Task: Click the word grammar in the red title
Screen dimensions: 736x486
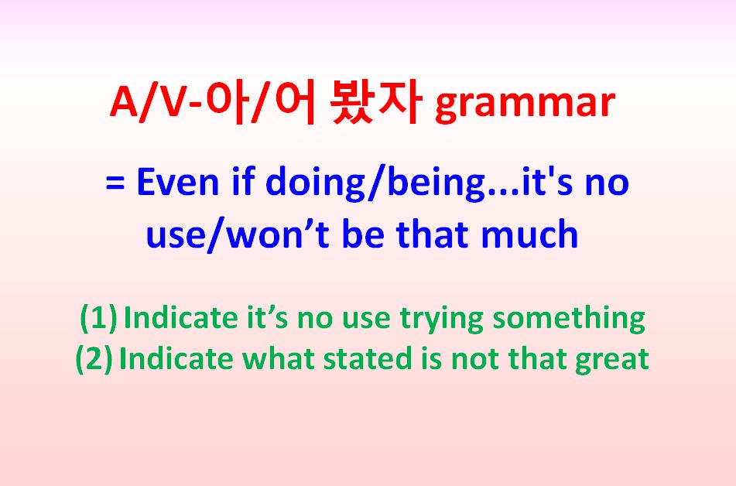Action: click(x=525, y=104)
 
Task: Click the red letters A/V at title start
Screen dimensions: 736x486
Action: click(x=147, y=102)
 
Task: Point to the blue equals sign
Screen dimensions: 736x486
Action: click(x=115, y=183)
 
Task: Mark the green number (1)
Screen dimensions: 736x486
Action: click(x=98, y=318)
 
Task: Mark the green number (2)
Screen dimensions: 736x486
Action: click(x=94, y=359)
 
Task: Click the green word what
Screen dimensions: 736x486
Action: click(x=278, y=359)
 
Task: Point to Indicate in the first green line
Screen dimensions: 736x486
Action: click(x=181, y=318)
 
